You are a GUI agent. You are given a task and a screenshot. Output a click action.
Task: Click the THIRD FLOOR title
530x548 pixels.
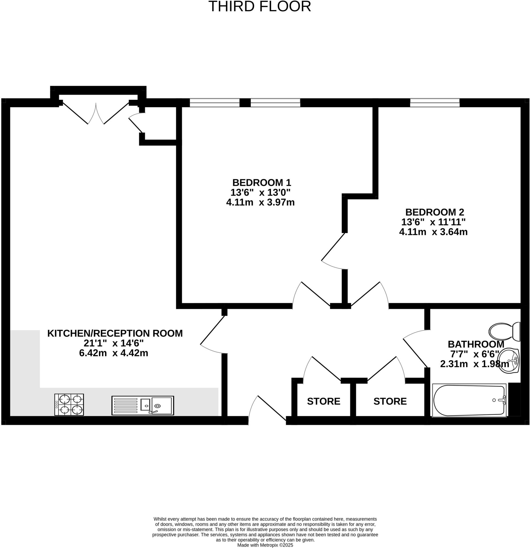pos(260,7)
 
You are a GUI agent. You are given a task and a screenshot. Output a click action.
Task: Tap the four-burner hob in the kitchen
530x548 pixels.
pos(69,405)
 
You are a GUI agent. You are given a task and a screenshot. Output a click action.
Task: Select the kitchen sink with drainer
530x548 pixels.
pos(143,405)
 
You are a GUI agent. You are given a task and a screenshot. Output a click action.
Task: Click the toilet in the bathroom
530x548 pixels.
pos(504,332)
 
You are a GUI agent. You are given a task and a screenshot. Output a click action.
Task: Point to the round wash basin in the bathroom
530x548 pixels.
pos(509,361)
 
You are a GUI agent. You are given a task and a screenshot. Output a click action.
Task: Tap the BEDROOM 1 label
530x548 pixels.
pos(262,182)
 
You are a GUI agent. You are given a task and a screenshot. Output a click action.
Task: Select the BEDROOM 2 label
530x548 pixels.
pos(434,212)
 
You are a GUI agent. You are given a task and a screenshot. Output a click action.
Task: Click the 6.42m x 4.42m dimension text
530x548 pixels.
pos(113,353)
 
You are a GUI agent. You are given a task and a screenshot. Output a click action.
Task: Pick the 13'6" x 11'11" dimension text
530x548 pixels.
pos(433,222)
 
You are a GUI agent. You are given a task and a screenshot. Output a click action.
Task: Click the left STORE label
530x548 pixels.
pos(323,401)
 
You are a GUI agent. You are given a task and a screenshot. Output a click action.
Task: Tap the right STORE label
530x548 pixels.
pos(390,401)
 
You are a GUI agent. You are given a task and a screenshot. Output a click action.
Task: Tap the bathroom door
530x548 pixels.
pos(415,349)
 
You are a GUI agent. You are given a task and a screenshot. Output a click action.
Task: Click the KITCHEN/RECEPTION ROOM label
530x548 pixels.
pos(115,333)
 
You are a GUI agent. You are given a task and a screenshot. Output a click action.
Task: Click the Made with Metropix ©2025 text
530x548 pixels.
pos(265,545)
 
